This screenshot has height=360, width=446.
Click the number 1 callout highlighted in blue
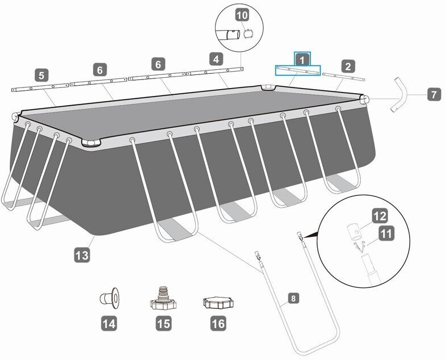click(x=302, y=60)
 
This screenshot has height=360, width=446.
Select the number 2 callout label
click(x=348, y=66)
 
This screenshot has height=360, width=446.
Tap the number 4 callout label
click(x=216, y=60)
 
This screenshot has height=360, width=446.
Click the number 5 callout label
click(x=42, y=76)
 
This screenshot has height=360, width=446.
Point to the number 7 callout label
click(x=434, y=94)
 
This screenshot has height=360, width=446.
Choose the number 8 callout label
click(x=293, y=299)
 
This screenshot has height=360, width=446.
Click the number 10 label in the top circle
click(x=242, y=15)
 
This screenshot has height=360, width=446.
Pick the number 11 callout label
click(x=386, y=233)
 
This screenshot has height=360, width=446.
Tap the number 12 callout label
click(x=380, y=216)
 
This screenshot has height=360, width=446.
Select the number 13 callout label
click(x=82, y=255)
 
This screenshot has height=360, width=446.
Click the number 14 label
click(x=109, y=324)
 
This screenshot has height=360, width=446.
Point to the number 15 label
click(x=163, y=324)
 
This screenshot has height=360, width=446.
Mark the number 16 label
click(x=218, y=324)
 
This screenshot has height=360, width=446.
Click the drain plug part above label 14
click(x=110, y=298)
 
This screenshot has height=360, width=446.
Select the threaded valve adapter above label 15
click(x=163, y=298)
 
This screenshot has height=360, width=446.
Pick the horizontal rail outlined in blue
click(x=298, y=70)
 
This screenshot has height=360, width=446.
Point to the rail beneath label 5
click(x=40, y=87)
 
